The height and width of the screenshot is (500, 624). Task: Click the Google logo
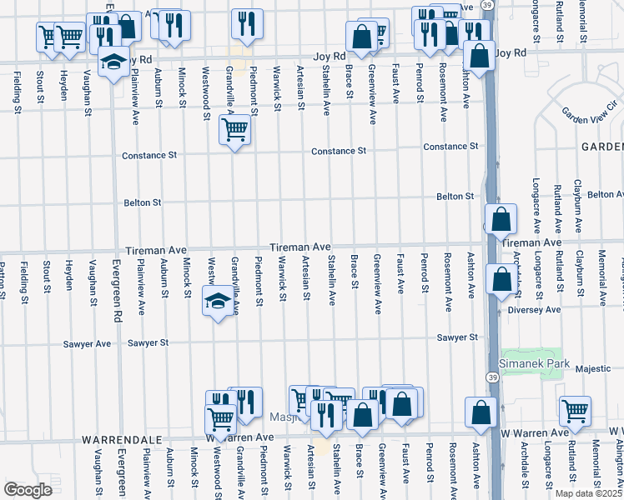pos(28,489)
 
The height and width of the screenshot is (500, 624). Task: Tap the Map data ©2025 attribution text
pos(587,493)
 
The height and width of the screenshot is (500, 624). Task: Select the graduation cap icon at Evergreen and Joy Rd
pos(113,62)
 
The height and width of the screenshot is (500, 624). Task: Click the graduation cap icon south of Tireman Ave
pos(217,300)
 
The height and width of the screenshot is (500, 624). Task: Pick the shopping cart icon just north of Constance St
pos(234,129)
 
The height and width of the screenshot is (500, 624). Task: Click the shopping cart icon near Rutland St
pos(576,410)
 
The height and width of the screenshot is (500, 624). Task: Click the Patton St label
pos(3,279)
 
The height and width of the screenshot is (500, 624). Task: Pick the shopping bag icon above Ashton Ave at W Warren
pos(481,412)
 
